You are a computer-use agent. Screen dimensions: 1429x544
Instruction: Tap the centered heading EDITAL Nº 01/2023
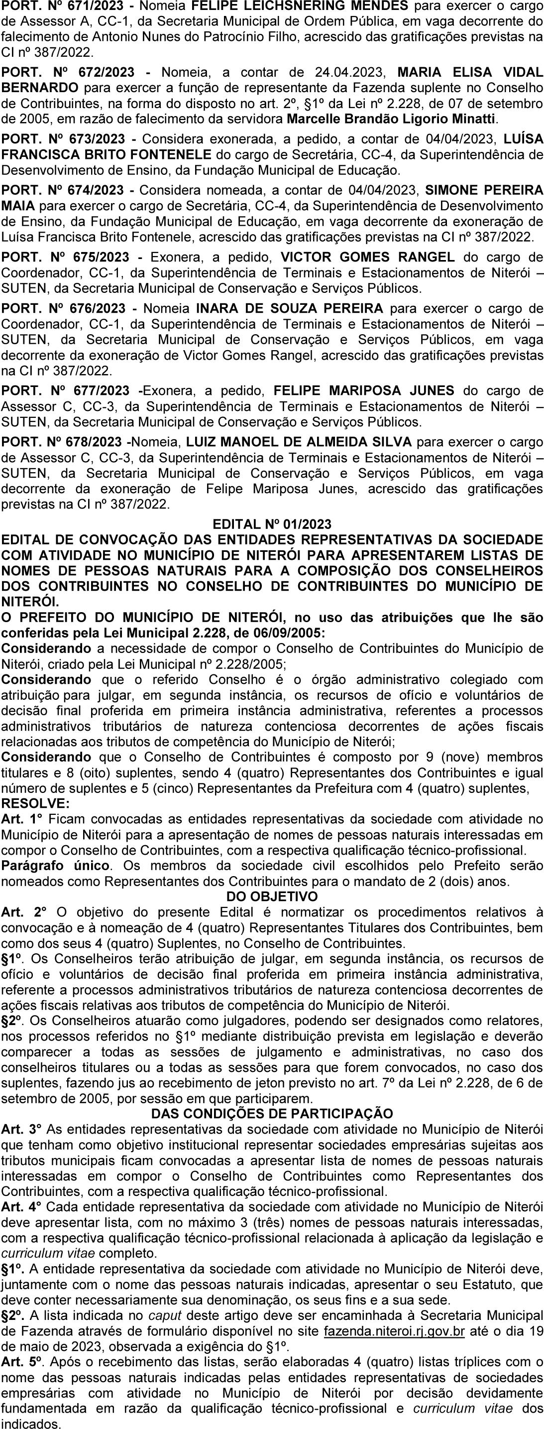coord(272,524)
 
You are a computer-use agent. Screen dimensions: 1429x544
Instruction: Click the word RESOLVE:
coord(36,803)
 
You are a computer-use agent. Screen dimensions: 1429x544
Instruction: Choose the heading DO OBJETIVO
coord(272,897)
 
